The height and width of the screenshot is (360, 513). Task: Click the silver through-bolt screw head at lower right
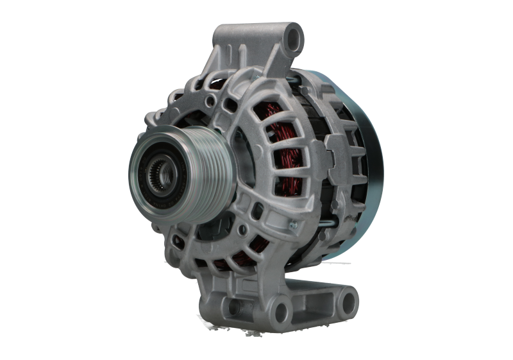[294, 224]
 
